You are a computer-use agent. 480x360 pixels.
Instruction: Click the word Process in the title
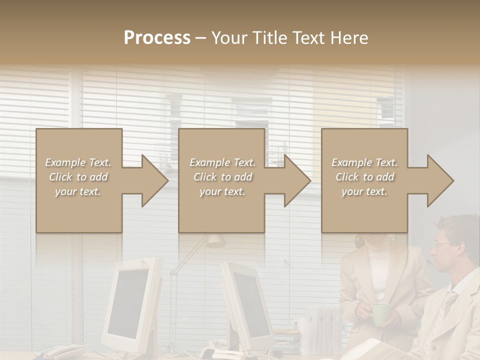(157, 38)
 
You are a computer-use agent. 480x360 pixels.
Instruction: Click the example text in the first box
(78, 177)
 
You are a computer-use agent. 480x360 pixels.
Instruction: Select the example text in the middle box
(222, 177)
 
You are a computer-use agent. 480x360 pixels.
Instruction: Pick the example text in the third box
(364, 177)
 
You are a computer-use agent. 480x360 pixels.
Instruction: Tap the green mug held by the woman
(381, 314)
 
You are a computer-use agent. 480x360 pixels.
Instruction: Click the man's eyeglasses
(441, 244)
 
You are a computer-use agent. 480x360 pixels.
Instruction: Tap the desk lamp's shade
(216, 240)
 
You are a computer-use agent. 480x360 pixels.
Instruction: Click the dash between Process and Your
(201, 38)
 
